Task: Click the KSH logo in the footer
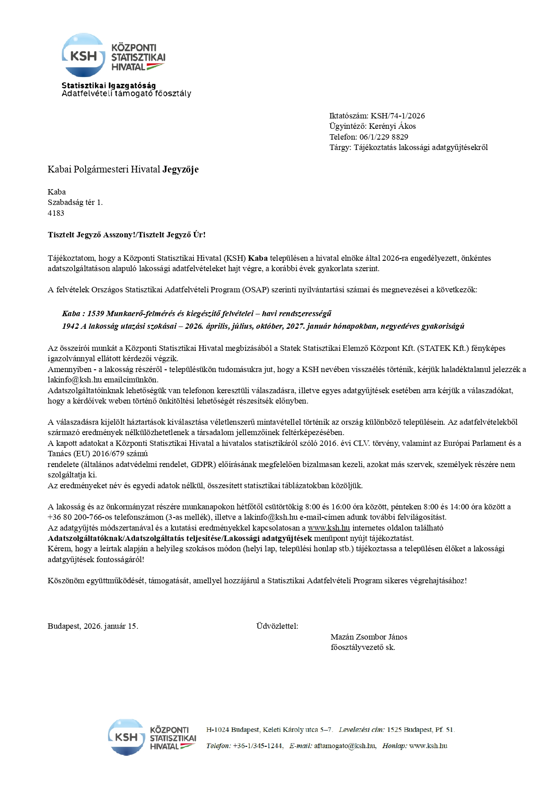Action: point(152,737)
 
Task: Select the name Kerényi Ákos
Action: point(392,126)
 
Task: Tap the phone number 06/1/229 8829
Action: point(383,137)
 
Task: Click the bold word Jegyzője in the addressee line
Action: point(180,170)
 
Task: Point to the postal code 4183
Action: point(56,213)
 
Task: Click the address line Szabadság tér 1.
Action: point(75,203)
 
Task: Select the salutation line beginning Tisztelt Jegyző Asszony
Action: point(126,235)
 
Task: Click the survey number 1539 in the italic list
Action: point(96,313)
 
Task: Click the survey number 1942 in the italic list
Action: point(71,326)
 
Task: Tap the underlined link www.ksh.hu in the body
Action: point(328,528)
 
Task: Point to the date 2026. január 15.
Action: point(111,626)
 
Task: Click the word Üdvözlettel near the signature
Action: point(277,626)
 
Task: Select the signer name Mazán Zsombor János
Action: point(369,637)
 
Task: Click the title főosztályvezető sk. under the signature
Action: point(363,647)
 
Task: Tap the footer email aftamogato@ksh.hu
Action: point(345,746)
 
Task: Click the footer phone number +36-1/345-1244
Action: point(257,746)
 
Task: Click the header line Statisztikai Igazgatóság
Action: point(108,86)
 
